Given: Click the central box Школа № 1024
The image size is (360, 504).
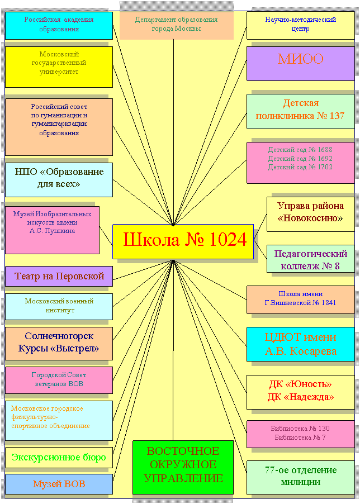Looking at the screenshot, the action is click(x=183, y=241).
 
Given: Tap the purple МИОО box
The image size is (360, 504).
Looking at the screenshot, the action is click(x=301, y=64).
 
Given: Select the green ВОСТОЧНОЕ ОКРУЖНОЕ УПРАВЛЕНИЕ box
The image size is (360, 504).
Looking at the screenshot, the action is click(x=183, y=467).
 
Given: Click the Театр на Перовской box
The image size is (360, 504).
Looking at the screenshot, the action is click(x=59, y=276).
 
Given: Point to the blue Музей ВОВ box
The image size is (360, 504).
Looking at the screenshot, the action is click(x=59, y=484).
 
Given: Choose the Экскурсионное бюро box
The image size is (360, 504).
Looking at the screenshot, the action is click(x=59, y=458).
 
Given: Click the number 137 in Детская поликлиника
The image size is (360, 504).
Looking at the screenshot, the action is click(x=337, y=116).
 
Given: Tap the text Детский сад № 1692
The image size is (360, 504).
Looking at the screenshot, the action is click(x=300, y=159).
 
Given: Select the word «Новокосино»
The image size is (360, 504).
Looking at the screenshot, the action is click(x=310, y=218).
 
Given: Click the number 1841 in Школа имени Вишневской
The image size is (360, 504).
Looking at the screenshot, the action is click(x=329, y=302).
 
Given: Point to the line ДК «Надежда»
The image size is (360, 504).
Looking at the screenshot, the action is click(x=301, y=397).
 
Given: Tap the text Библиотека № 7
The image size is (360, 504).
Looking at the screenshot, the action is click(x=300, y=437).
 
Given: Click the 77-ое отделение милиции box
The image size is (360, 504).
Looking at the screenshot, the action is click(x=301, y=477).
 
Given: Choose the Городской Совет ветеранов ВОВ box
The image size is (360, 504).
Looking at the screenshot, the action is click(x=59, y=381).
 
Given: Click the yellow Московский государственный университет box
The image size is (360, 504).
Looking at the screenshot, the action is click(x=59, y=67).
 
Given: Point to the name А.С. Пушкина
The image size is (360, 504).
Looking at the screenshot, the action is click(x=52, y=231).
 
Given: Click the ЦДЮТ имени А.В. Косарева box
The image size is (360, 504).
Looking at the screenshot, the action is click(x=301, y=344).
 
